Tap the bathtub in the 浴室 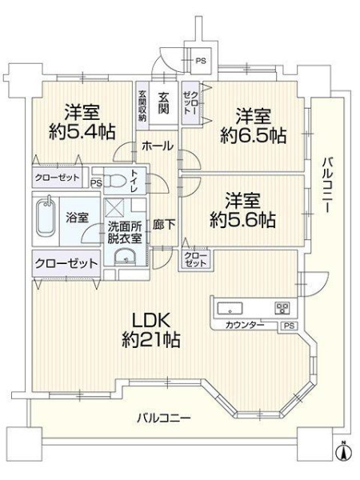click(46, 218)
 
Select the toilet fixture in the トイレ click(117, 181)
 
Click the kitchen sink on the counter click(230, 308)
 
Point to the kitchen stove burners click(282, 308)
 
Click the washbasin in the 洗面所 click(126, 258)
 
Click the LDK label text click(150, 322)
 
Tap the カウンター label click(244, 325)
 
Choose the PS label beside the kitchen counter click(289, 326)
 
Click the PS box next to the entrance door click(201, 60)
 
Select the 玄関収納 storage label click(142, 106)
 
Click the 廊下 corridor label click(164, 225)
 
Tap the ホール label click(158, 146)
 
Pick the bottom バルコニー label click(164, 418)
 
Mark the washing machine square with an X click(114, 208)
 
